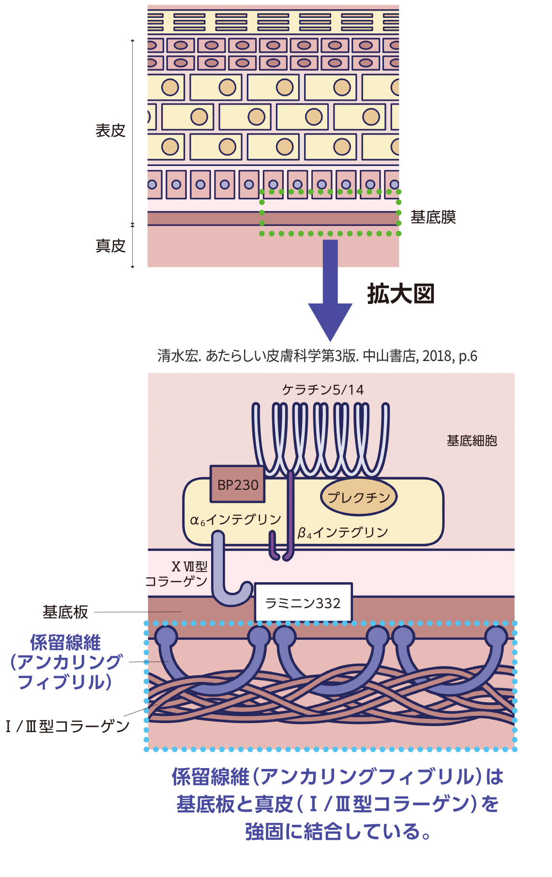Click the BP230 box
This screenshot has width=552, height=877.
coord(237,484)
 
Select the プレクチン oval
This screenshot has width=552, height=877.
coord(358,497)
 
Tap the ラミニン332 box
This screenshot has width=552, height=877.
coord(303,603)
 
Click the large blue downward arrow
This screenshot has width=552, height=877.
coord(330,290)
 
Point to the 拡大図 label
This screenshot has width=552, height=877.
coord(400,294)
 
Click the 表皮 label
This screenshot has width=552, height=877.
coord(110,131)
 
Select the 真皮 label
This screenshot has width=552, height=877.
coord(110,246)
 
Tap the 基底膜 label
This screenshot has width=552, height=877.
coord(433,217)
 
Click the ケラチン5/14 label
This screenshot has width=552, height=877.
coord(323,390)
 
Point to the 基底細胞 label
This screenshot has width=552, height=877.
coord(472,440)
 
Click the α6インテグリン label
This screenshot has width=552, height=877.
coord(235,520)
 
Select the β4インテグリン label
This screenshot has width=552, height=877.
coord(343,533)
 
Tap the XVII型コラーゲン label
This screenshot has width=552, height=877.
coord(177,574)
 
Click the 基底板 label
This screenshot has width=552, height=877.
coord(65,612)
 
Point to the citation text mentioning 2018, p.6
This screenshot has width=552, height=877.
coord(317,356)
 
